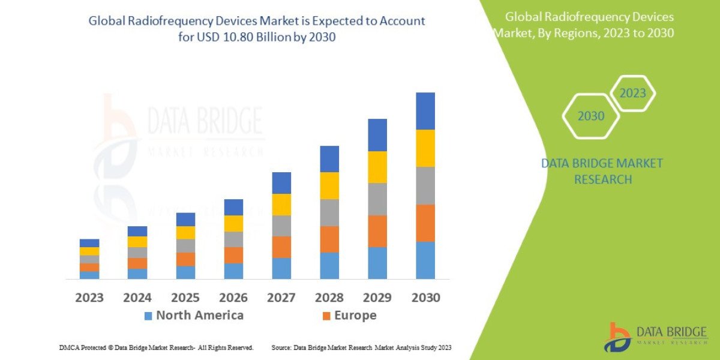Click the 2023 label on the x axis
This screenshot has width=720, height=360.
point(89,298)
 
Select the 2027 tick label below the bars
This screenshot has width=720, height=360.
point(281,298)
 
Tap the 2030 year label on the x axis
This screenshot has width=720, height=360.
point(425,298)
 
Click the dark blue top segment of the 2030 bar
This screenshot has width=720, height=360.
point(425,111)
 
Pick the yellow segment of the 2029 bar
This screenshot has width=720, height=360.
point(377,167)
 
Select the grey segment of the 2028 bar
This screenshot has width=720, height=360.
point(329,212)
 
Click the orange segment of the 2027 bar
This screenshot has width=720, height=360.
point(281,247)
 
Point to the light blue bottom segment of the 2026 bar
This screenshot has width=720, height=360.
point(233,271)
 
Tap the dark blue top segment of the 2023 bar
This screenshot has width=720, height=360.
point(89,243)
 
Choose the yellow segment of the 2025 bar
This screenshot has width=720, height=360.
point(185,232)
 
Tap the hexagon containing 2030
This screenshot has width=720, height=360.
point(591,116)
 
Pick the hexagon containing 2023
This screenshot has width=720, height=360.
point(632,94)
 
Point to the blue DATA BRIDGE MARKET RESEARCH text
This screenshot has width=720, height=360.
point(602,171)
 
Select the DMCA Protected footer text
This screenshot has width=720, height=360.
point(156,347)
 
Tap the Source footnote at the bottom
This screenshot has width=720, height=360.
point(361,347)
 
